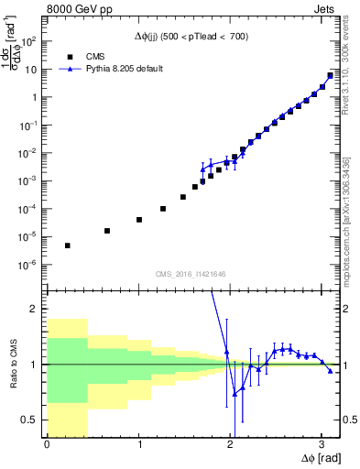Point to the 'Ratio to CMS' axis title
(x=12, y=364)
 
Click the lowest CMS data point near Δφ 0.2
(x=67, y=245)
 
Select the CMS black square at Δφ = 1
(x=138, y=220)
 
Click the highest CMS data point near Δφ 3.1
(x=330, y=76)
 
